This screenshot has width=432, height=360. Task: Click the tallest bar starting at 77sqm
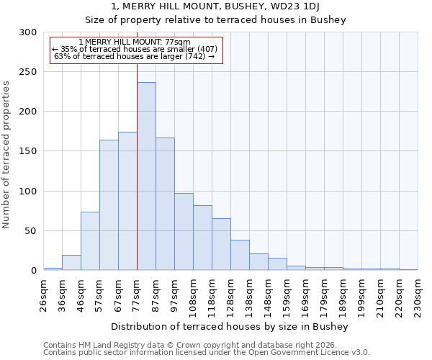click(146, 176)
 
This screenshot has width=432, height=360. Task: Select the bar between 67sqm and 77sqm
click(127, 201)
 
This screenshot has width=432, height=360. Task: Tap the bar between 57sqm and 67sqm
click(109, 205)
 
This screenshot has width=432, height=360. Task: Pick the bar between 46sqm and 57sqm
click(90, 241)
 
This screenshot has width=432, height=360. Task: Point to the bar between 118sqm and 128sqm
click(221, 244)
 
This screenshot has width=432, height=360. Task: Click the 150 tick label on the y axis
click(28, 151)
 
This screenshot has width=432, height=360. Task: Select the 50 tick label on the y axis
click(31, 231)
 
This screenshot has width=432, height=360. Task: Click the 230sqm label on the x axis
click(418, 295)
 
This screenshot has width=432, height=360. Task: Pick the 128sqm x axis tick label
click(231, 295)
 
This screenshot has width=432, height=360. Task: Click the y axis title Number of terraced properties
click(7, 155)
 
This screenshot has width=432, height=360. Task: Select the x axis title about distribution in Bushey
click(230, 327)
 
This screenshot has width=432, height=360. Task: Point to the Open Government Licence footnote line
click(207, 353)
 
